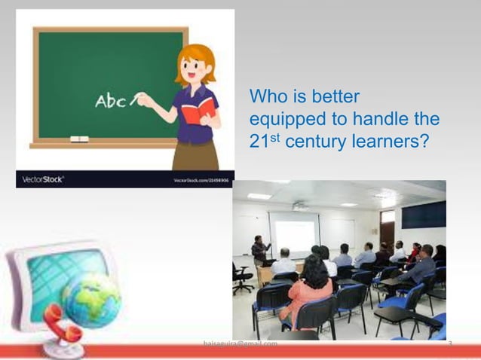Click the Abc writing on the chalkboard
pos(110,102)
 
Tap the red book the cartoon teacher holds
pos(198,113)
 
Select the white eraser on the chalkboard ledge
pos(79,139)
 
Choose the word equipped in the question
pos(287,119)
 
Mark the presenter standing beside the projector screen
pos(259,252)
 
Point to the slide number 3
pos(449,345)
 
